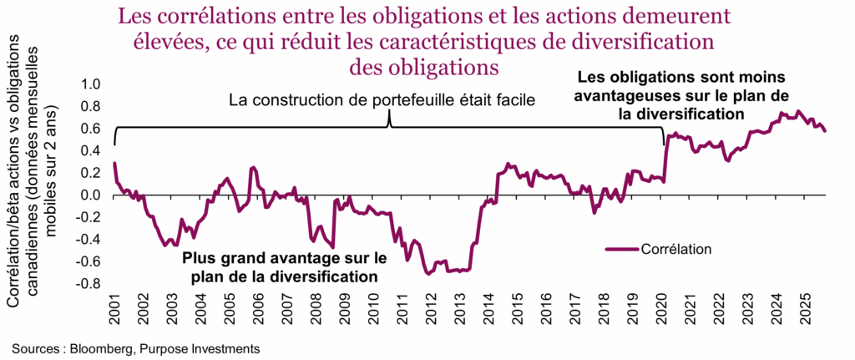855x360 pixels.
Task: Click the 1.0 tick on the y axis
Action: (x=90, y=84)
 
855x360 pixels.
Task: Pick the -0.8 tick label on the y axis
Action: (x=88, y=283)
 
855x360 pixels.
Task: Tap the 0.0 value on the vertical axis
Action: (x=90, y=195)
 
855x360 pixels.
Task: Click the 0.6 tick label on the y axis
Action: (x=90, y=129)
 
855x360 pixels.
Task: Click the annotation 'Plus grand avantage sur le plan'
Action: (x=285, y=258)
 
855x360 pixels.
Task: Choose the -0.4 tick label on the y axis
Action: (x=88, y=239)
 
